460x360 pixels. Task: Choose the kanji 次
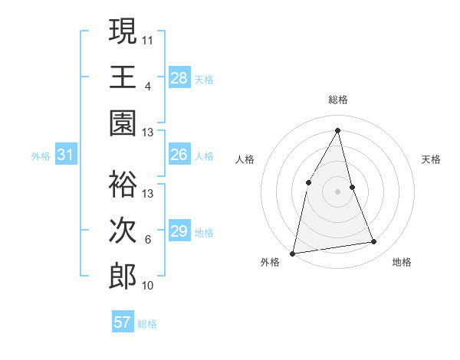(x=123, y=230)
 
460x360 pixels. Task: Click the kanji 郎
(x=123, y=277)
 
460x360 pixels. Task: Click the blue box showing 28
(x=179, y=77)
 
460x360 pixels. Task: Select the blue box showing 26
(x=179, y=155)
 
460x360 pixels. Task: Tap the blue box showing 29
(x=179, y=231)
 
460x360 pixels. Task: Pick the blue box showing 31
(x=66, y=155)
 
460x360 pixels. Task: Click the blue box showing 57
(x=122, y=322)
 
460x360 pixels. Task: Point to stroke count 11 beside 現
(x=148, y=39)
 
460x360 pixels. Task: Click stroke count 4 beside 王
(x=148, y=86)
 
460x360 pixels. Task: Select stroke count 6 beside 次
(x=148, y=240)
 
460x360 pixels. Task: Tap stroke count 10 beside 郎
(x=148, y=286)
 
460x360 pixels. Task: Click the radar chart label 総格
(x=338, y=100)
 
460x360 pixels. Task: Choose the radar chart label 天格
(x=432, y=159)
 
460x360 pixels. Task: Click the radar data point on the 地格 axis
(x=374, y=242)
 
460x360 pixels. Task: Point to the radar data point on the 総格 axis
(x=338, y=130)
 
